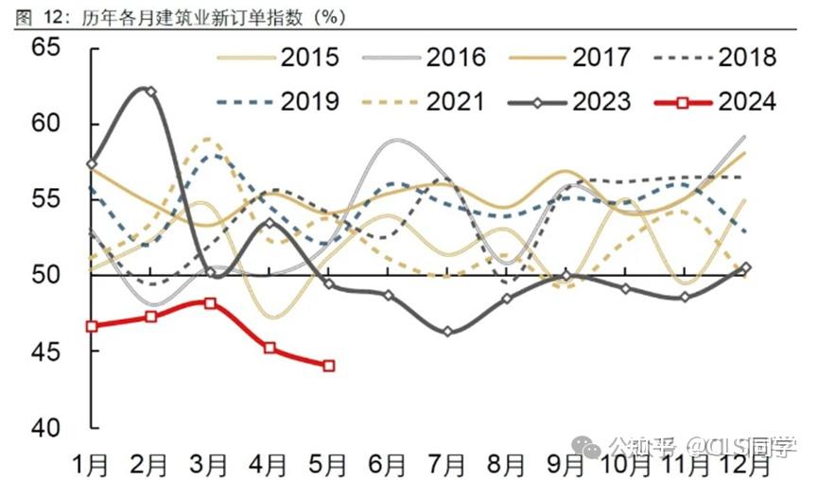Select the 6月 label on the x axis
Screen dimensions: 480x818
click(x=388, y=464)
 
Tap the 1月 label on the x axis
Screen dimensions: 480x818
click(x=91, y=464)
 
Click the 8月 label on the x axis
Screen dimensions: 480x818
click(x=507, y=464)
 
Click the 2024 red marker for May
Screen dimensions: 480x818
click(x=328, y=366)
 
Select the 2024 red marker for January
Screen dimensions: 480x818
click(x=92, y=326)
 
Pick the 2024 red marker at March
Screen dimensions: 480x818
click(x=210, y=303)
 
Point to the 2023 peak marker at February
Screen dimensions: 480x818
click(x=151, y=92)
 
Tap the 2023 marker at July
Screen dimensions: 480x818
click(x=447, y=332)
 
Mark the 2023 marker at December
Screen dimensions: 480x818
click(x=745, y=267)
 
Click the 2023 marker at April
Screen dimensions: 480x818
click(x=270, y=223)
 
